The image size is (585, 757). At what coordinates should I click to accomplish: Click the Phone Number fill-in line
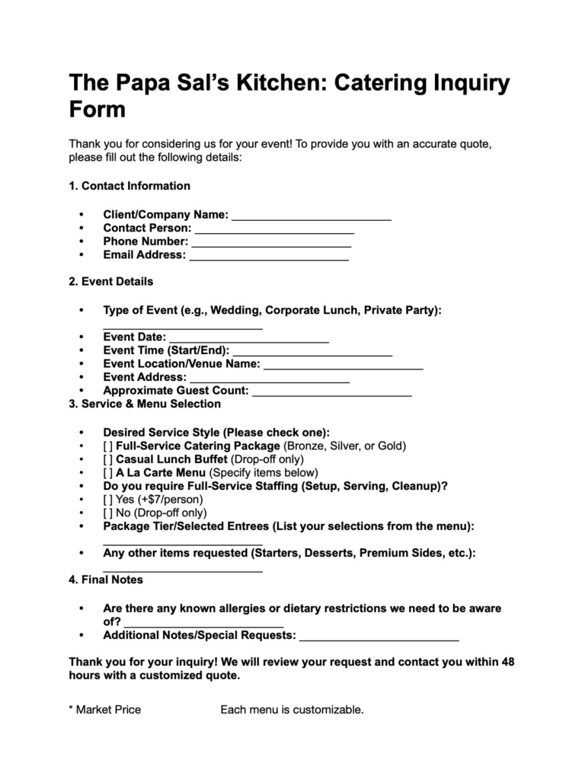[271, 244]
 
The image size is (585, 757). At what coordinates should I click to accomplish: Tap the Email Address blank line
[269, 257]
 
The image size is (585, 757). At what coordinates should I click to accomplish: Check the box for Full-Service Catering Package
[108, 446]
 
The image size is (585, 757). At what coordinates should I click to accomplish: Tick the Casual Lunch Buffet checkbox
[108, 459]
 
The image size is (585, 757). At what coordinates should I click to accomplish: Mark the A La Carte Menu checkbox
[108, 473]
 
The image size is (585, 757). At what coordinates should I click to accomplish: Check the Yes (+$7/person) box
[108, 500]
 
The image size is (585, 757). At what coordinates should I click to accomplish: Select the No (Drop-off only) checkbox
[108, 513]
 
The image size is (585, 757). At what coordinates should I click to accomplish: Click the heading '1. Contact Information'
[129, 186]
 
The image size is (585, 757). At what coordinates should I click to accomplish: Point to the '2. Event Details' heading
[110, 281]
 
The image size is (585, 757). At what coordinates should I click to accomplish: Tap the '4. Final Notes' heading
[106, 580]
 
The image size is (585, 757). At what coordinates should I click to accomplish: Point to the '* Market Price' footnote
[105, 710]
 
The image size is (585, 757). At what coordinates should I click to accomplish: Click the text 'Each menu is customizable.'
[292, 710]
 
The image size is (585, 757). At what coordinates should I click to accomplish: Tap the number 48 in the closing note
[507, 662]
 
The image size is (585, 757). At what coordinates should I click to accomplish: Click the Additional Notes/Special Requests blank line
[379, 637]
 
